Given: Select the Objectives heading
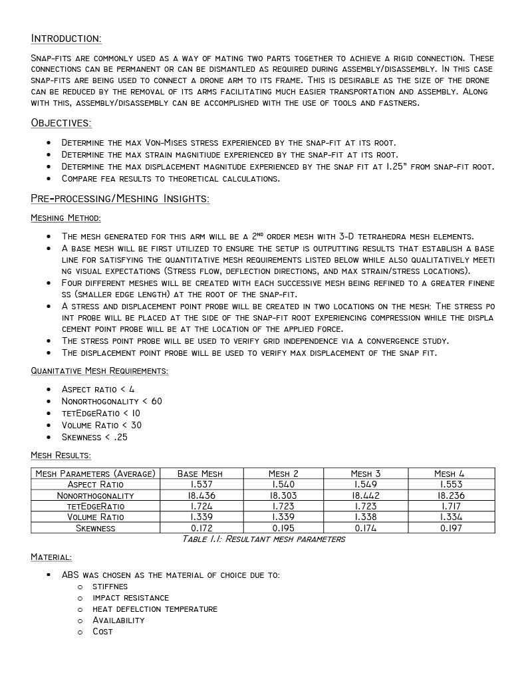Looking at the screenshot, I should [x=61, y=123].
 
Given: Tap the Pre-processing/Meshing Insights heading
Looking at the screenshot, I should [x=120, y=199].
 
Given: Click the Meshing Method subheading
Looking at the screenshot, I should [x=66, y=218].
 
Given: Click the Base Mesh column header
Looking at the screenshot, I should [x=200, y=474].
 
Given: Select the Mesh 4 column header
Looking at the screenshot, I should [x=450, y=474].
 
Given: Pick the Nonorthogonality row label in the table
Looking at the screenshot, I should [x=95, y=495].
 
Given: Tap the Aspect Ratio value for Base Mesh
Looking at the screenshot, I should [x=200, y=485].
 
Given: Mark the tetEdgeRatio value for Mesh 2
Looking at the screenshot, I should [x=283, y=506].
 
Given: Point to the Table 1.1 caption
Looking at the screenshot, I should [x=263, y=539].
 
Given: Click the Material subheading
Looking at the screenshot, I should [x=51, y=556].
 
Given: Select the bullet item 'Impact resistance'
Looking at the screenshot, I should [x=130, y=598].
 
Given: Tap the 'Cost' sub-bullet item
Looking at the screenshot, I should [x=102, y=631].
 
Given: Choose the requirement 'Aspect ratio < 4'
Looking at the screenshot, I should [x=98, y=389].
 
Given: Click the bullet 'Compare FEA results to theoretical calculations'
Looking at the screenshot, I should [x=170, y=178].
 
